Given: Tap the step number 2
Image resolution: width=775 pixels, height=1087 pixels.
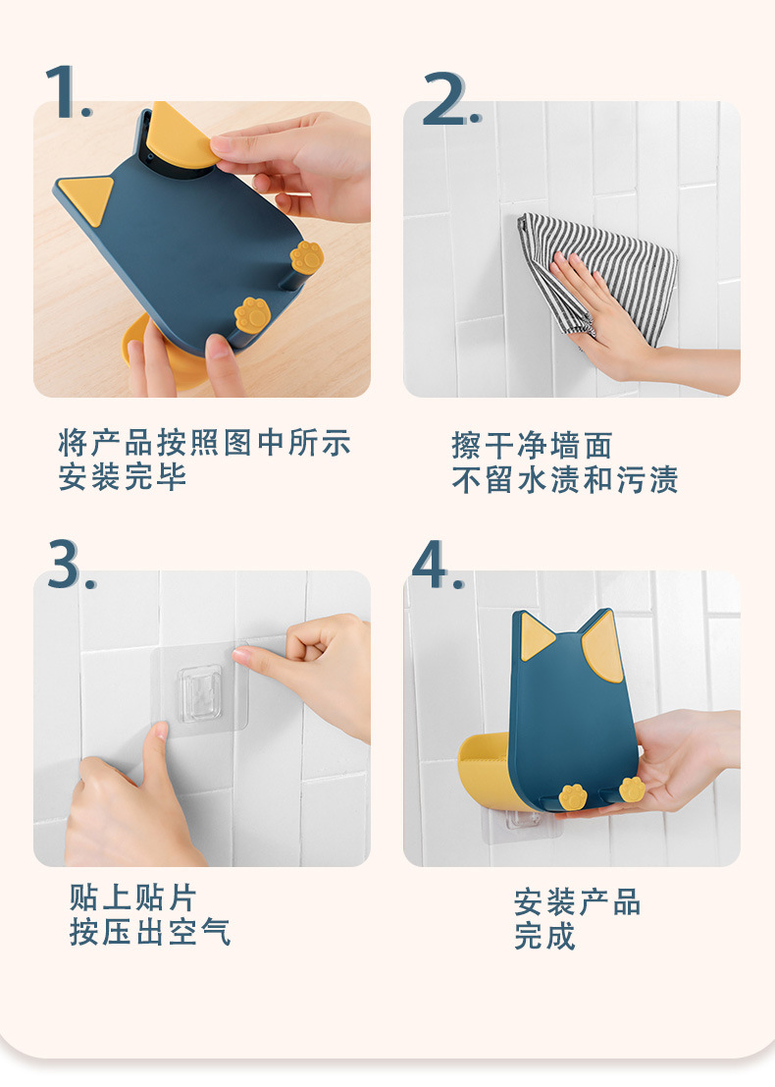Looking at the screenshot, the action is tap(451, 98).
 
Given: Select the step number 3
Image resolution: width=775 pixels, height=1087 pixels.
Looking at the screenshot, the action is tap(71, 565).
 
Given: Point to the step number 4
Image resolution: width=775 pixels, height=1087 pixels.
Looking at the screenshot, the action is tap(438, 565).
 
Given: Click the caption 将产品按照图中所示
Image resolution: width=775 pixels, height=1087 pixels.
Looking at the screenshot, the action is tap(205, 443).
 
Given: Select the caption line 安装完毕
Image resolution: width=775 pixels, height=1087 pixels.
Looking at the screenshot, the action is tap(123, 477).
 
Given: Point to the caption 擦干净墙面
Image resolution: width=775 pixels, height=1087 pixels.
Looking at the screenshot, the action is tap(532, 445).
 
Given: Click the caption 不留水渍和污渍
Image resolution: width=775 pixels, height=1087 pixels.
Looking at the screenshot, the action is tap(564, 480).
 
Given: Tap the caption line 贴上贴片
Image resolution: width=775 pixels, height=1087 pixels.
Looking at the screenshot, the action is tap(133, 897).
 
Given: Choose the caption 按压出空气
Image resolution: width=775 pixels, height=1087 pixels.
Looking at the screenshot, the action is tap(149, 933).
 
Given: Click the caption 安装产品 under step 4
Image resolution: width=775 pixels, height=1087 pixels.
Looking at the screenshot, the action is tap(578, 902).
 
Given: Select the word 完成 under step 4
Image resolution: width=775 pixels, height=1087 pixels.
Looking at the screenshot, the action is tap(545, 937).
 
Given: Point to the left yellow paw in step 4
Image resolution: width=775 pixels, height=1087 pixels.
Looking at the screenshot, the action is tap(573, 796).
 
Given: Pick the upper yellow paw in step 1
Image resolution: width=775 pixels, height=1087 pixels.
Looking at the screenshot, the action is tap(306, 257).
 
